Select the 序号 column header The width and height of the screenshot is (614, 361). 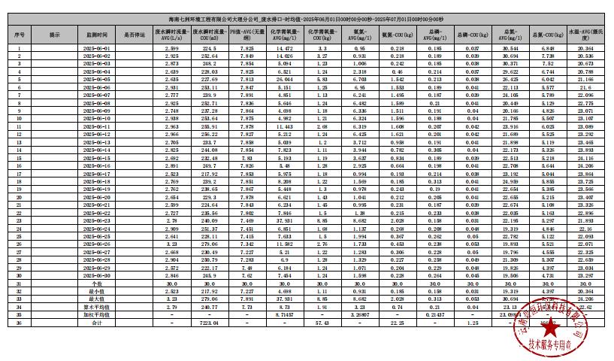click(19, 35)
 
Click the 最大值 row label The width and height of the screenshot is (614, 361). click(96, 300)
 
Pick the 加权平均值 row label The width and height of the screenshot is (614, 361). click(96, 314)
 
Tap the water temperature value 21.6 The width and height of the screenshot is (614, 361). click(585, 87)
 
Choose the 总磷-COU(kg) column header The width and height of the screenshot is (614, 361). click(472, 35)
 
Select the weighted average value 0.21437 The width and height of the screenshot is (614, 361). click(434, 314)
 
